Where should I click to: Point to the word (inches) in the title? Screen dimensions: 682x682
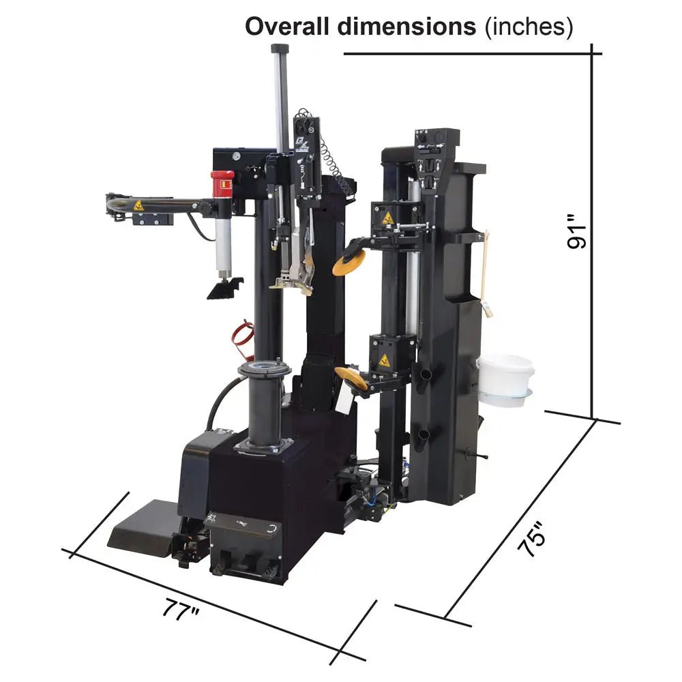click(527, 27)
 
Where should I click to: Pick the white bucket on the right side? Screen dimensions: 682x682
click(505, 376)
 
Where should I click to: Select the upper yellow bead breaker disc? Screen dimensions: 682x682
click(349, 262)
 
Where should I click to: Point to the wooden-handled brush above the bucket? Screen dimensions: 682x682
click(486, 273)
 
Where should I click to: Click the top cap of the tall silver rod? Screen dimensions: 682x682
click(280, 48)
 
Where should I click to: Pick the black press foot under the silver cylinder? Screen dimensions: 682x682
click(224, 287)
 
